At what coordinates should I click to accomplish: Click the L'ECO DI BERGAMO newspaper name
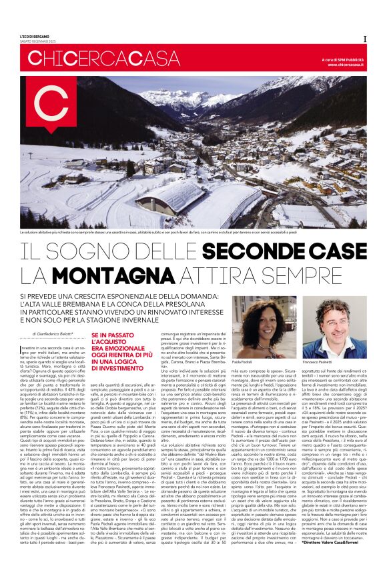click(35, 35)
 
